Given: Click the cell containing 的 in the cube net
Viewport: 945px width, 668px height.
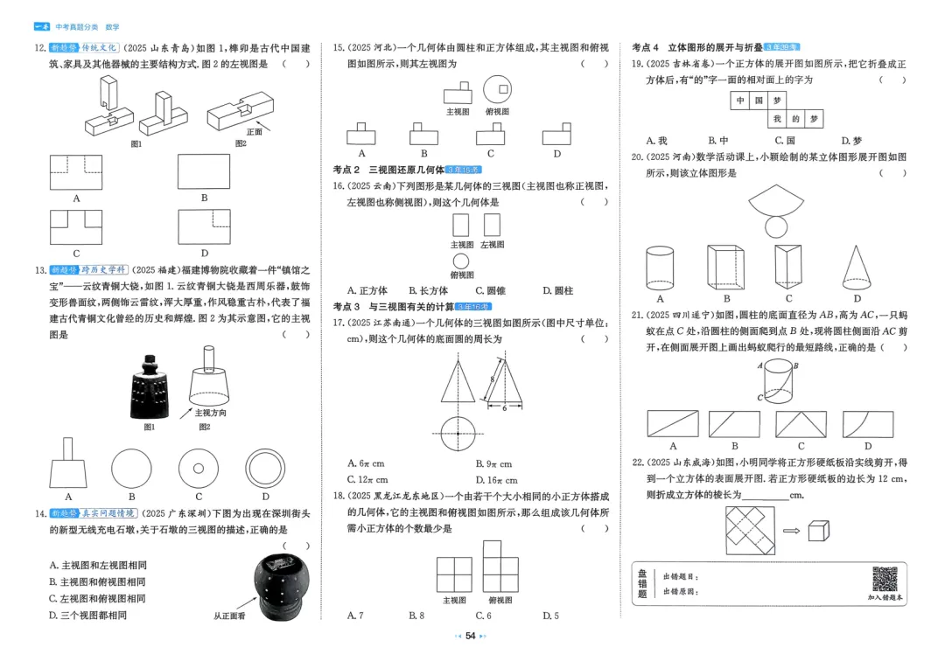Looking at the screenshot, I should (x=795, y=118).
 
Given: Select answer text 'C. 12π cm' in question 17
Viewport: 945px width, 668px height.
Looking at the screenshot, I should (x=367, y=479).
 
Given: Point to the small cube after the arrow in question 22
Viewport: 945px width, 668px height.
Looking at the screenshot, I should (x=817, y=532).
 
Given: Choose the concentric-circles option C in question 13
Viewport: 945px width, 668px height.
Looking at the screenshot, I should (x=199, y=468).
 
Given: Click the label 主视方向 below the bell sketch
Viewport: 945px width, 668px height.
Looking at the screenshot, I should (x=209, y=413).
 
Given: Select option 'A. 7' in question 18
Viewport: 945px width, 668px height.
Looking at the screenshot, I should (x=355, y=616).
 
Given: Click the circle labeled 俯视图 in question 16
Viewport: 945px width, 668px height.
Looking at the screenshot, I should (x=460, y=261).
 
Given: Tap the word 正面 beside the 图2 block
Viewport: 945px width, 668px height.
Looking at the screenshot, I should (x=254, y=132).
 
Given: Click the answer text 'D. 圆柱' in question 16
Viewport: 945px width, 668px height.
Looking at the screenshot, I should (x=557, y=290).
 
